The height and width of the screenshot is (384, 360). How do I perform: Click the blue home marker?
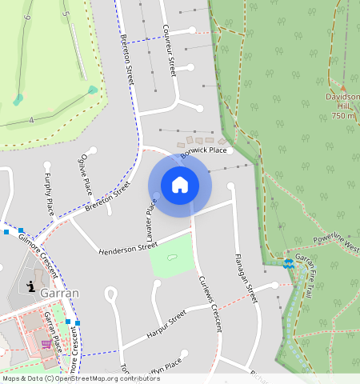click(180, 185)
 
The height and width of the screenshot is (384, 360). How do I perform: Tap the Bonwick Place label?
click(203, 150)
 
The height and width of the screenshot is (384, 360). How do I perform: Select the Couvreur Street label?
click(169, 49)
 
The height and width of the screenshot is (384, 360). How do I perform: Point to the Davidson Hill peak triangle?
click(342, 86)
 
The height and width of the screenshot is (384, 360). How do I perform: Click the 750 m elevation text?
click(342, 116)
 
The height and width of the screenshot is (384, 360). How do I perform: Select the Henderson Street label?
click(128, 250)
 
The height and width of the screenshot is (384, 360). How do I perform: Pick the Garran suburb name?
click(59, 293)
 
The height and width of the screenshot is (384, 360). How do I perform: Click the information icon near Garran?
click(30, 286)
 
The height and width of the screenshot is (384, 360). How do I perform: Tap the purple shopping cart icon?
click(46, 344)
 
